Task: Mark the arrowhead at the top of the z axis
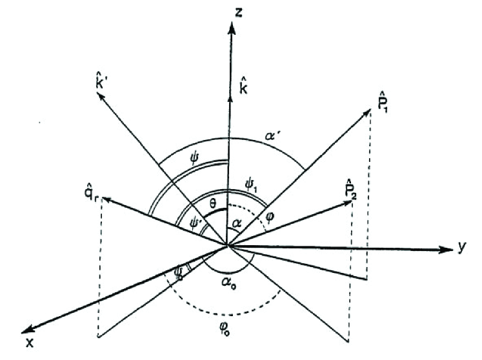click(229, 23)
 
